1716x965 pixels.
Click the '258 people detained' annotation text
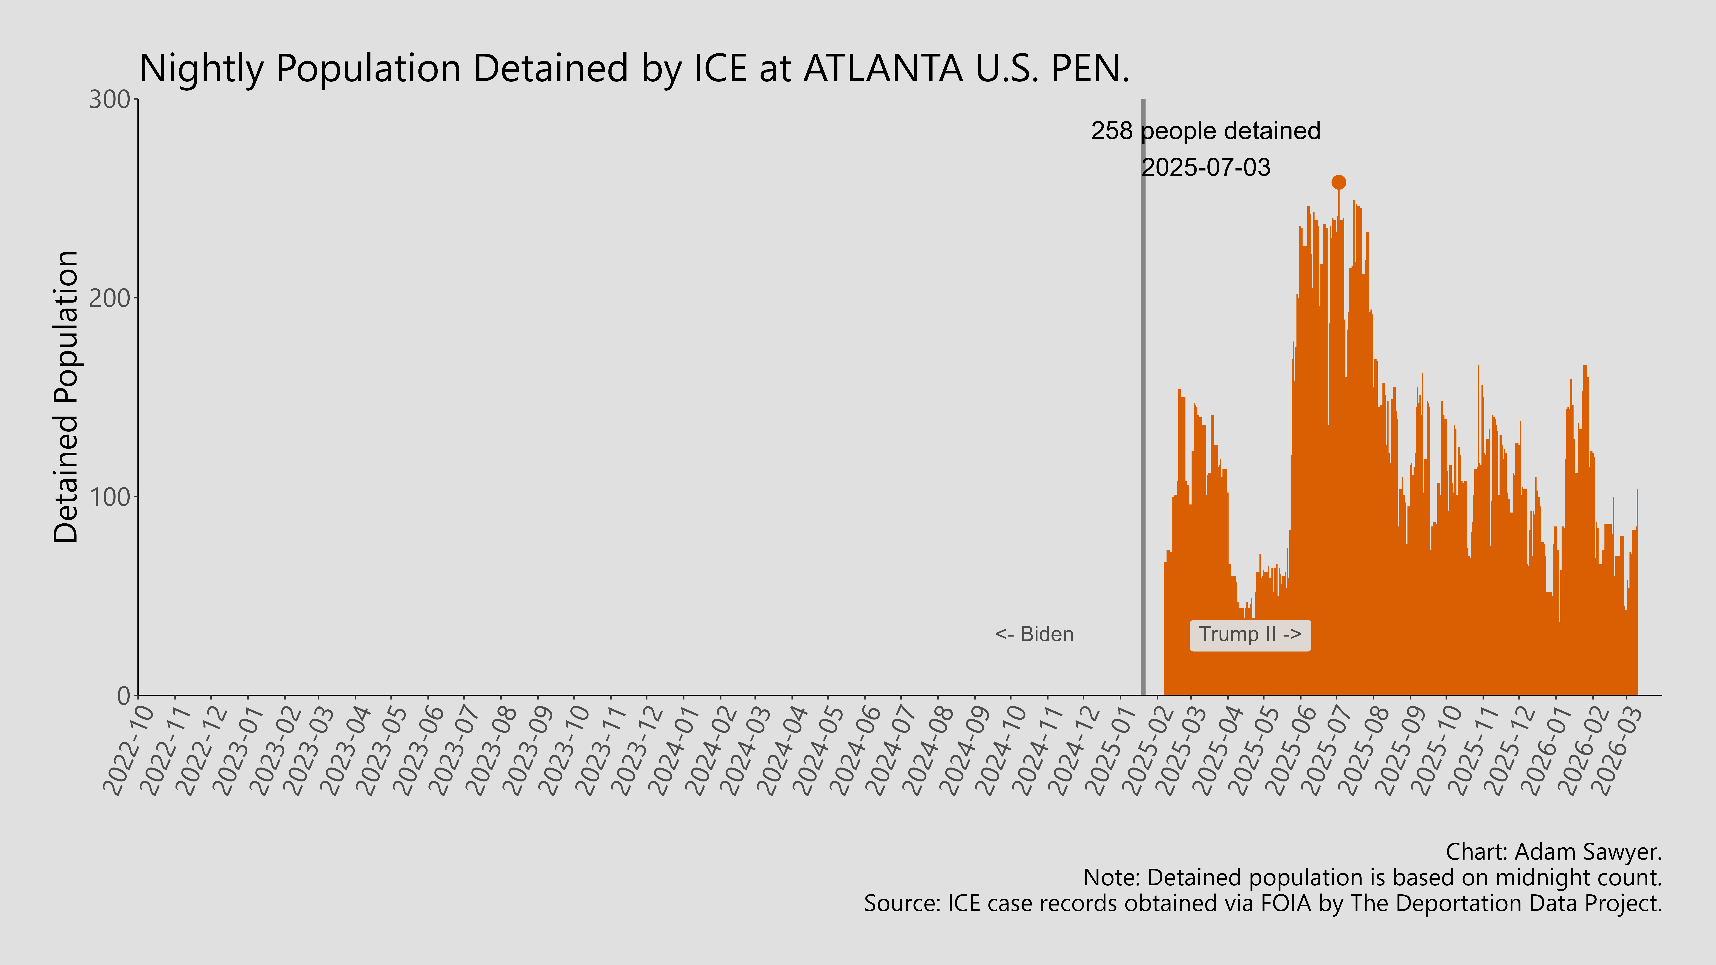coord(1205,131)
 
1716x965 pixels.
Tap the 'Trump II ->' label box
coord(1250,635)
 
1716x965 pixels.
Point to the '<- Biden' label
coord(1034,635)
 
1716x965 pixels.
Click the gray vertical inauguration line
coord(1143,400)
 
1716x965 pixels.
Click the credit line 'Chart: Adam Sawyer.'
coord(1554,852)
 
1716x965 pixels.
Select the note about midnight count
coord(1372,878)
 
